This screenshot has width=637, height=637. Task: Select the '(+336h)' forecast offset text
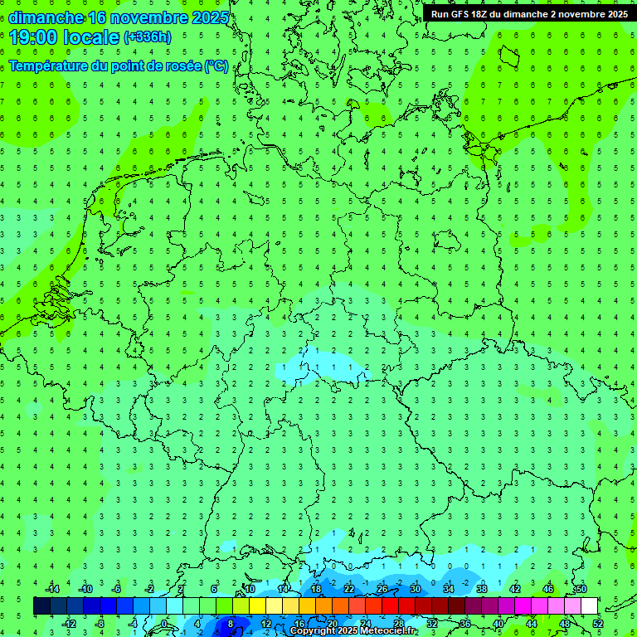point(148,37)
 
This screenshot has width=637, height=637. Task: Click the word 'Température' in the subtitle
point(50,66)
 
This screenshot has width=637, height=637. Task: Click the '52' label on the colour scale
point(598,624)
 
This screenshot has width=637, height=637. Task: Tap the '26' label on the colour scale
point(382,589)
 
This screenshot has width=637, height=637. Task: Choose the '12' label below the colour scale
point(266,624)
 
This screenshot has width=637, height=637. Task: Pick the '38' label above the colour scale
point(482,589)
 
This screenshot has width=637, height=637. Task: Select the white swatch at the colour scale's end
point(590,606)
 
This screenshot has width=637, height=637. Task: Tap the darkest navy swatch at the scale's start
point(41,606)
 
